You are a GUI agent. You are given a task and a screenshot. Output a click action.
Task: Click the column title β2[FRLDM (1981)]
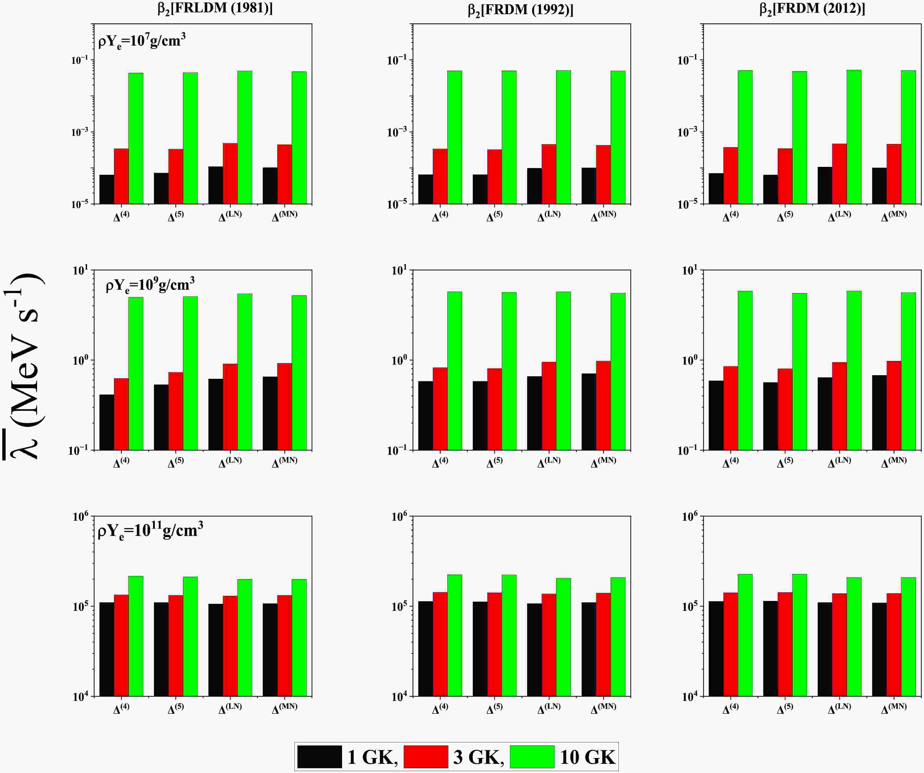215,8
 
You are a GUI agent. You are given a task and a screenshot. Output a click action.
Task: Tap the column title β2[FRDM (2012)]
812,9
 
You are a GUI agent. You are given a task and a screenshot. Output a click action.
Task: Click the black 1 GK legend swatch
319,757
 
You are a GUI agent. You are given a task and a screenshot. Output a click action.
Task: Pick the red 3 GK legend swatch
425,757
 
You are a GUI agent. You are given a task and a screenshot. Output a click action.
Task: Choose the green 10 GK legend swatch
532,757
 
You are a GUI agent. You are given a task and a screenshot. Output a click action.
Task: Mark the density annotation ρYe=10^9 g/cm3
150,285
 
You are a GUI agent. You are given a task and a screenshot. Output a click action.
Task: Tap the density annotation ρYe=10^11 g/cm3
150,530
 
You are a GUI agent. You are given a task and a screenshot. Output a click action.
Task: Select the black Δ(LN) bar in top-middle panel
534,186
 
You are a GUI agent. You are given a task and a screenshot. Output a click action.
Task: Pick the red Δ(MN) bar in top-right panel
894,174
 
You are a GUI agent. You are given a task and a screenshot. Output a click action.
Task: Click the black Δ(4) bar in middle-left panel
107,422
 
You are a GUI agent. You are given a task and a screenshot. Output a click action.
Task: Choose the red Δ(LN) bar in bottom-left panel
230,646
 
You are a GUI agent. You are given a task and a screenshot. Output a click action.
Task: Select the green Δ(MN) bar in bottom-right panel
908,637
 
